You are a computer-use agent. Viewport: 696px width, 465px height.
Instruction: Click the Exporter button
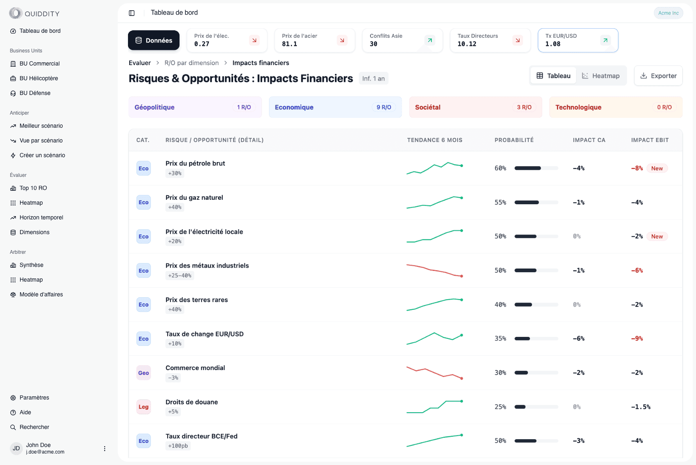(658, 76)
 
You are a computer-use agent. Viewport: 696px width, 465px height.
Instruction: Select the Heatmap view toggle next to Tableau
(601, 76)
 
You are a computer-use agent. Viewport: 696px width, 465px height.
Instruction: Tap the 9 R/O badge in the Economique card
(384, 107)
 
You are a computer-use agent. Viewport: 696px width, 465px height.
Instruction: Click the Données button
(154, 41)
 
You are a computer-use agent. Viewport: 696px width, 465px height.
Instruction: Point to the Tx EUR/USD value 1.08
(552, 44)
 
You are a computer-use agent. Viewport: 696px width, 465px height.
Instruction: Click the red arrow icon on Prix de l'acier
(342, 40)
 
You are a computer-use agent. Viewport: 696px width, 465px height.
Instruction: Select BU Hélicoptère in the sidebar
(39, 78)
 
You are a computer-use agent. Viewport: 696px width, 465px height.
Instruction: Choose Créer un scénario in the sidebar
(42, 155)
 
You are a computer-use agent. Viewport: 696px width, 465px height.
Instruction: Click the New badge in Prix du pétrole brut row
(657, 168)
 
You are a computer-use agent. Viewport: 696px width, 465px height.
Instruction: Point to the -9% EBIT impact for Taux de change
(637, 339)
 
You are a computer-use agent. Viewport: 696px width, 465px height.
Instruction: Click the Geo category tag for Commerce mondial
(144, 373)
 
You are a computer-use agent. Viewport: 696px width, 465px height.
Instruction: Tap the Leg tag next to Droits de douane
(144, 407)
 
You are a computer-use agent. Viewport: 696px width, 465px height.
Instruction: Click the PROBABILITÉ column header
(514, 140)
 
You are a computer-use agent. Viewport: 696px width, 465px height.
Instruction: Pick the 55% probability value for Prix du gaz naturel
(500, 202)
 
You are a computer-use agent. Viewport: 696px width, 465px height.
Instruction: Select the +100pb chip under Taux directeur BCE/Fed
(178, 446)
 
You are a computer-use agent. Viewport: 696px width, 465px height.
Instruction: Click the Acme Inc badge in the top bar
(668, 13)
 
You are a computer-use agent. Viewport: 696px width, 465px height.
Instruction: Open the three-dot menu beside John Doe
(105, 449)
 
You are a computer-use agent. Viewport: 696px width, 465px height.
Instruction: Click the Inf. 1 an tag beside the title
(373, 79)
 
